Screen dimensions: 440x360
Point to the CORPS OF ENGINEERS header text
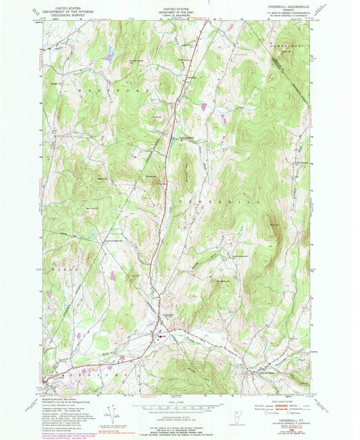180,14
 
